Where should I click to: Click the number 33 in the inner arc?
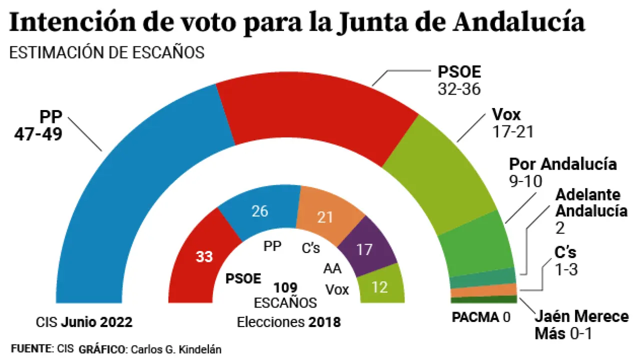(204, 257)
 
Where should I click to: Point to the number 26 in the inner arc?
(260, 211)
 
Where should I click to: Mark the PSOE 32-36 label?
(459, 80)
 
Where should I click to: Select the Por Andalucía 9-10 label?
(562, 171)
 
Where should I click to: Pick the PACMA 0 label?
(480, 317)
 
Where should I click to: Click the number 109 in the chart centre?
(285, 287)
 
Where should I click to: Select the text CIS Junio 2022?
(84, 322)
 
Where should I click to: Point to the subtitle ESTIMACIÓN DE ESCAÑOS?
(107, 52)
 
